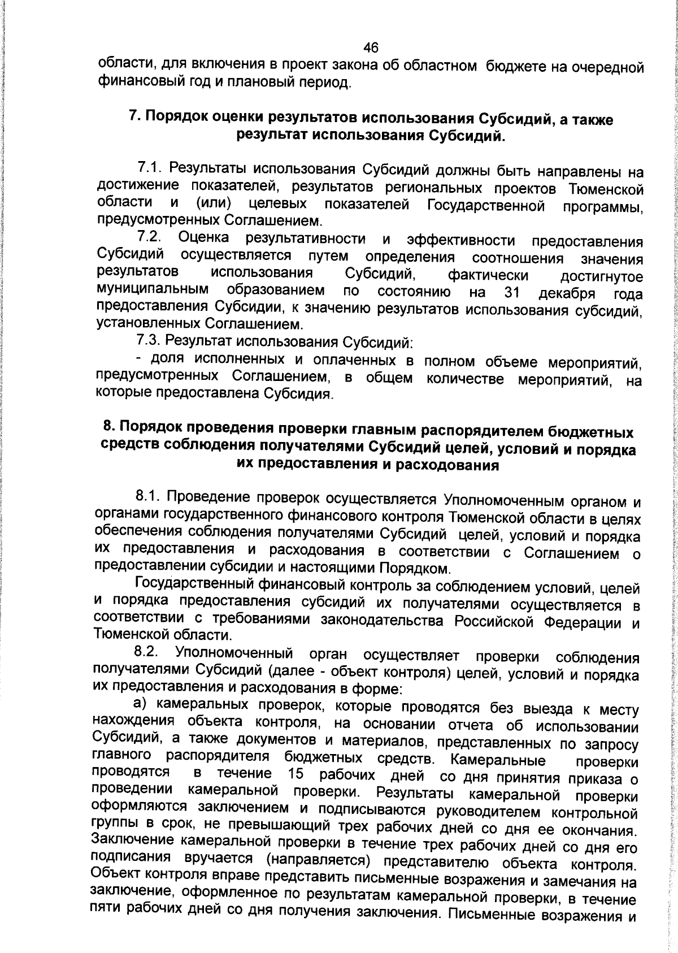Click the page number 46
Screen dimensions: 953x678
[371, 47]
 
